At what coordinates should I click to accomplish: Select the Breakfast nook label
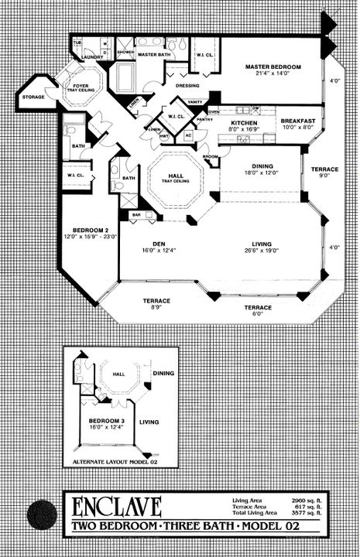pos(297,121)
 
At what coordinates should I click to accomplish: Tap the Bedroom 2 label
pos(84,231)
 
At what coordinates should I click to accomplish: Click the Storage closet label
pos(33,97)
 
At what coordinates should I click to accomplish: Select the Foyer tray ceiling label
pos(81,87)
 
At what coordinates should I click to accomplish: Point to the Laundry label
pos(93,56)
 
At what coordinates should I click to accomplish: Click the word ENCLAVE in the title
pos(117,507)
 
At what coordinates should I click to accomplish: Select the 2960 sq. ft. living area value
pos(307,503)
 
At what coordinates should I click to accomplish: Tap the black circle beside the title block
pos(41,514)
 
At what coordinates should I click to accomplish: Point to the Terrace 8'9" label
pos(156,303)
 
